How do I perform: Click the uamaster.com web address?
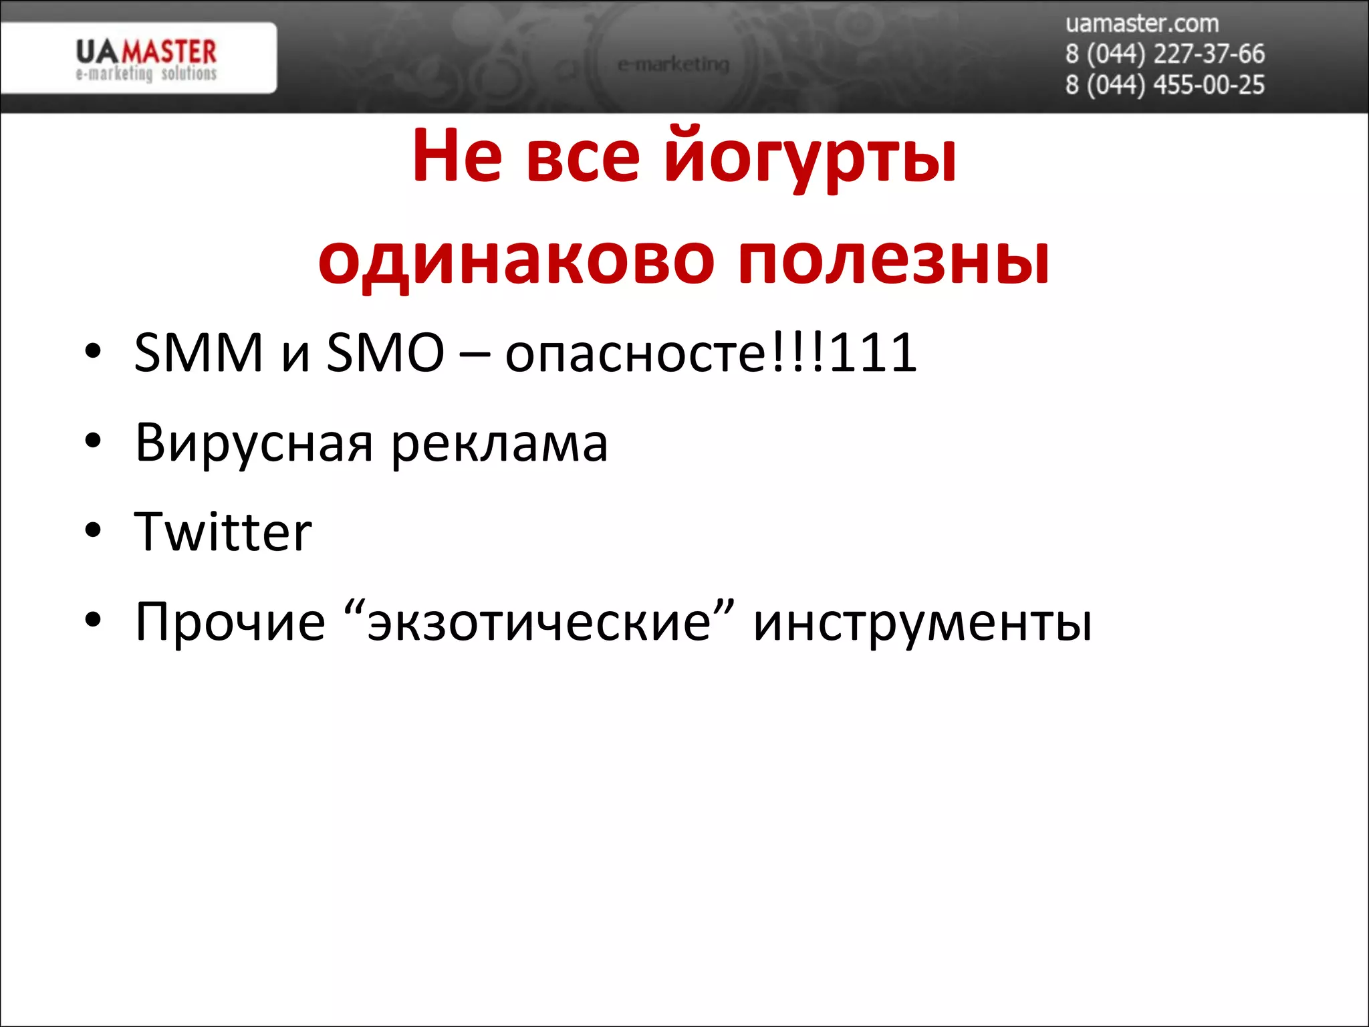click(1142, 24)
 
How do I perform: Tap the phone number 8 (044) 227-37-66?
click(1164, 54)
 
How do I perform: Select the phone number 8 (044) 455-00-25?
click(1164, 85)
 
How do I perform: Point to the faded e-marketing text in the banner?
click(673, 64)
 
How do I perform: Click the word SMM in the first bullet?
click(199, 352)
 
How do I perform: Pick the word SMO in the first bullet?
click(385, 352)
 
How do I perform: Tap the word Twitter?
click(223, 532)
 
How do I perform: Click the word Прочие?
click(230, 622)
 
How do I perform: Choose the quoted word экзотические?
click(539, 622)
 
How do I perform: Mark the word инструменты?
click(922, 622)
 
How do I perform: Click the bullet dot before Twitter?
click(93, 531)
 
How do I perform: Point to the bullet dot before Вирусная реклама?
click(93, 441)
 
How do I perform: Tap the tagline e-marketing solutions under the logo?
click(146, 74)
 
